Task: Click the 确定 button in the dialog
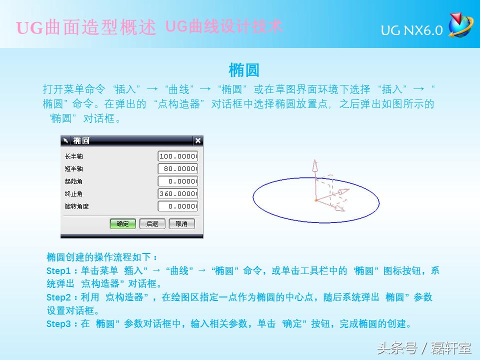pyautogui.click(x=122, y=223)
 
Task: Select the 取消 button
pyautogui.click(x=181, y=223)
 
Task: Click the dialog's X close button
pyautogui.click(x=198, y=141)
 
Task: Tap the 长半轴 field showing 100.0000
pyautogui.click(x=178, y=156)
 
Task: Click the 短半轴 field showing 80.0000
pyautogui.click(x=178, y=168)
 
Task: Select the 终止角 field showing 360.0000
pyautogui.click(x=178, y=193)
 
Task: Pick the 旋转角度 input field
pyautogui.click(x=178, y=206)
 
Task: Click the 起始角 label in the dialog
pyautogui.click(x=73, y=181)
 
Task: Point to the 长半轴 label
pyautogui.click(x=73, y=156)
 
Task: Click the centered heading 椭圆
pyautogui.click(x=243, y=70)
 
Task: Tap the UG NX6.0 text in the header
pyautogui.click(x=411, y=31)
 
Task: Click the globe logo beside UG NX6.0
pyautogui.click(x=460, y=25)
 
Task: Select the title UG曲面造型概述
pyautogui.click(x=86, y=27)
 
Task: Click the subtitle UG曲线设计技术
pyautogui.click(x=224, y=26)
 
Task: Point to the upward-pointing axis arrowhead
pyautogui.click(x=315, y=164)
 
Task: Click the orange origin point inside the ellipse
pyautogui.click(x=316, y=200)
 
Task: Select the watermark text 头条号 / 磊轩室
pyautogui.click(x=424, y=347)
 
